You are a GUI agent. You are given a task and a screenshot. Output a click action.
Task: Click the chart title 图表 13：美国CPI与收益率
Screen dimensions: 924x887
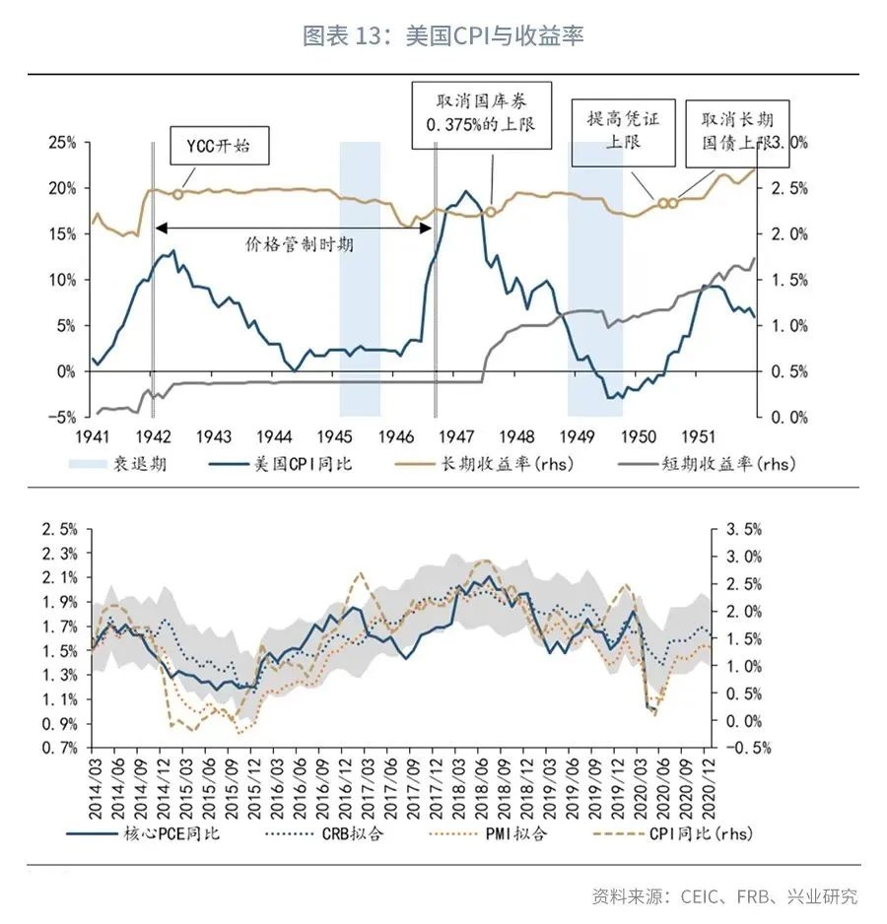tap(443, 36)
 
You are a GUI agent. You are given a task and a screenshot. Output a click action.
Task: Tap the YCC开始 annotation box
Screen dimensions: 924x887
tap(218, 147)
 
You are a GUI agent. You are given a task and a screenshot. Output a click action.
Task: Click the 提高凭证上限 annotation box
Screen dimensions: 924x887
tap(623, 130)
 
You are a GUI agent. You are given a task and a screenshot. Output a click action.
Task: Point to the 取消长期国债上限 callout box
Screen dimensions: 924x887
tap(730, 130)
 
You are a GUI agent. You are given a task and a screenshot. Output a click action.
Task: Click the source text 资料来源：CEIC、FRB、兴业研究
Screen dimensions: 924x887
tap(724, 896)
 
